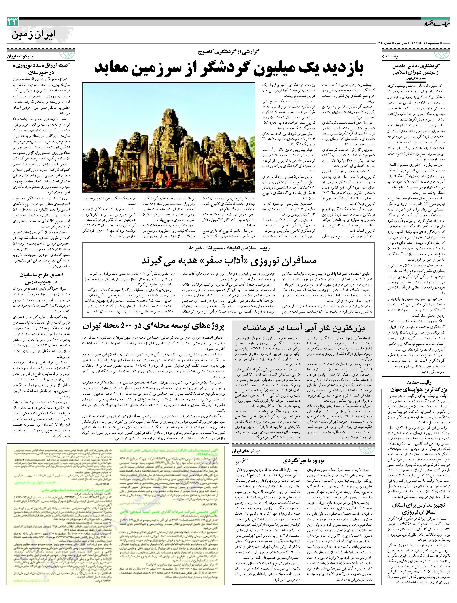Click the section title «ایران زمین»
tap(33, 35)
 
